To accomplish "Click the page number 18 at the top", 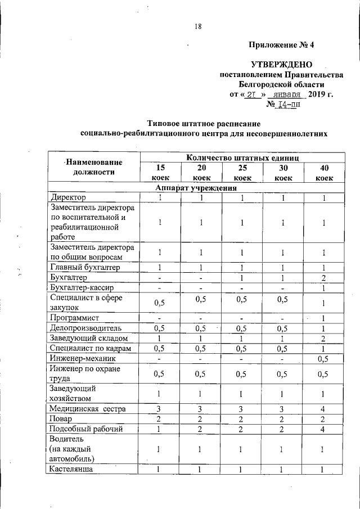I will [198, 26].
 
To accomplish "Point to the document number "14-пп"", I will [287, 104].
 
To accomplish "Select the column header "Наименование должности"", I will [93, 167].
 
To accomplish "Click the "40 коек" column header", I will [323, 172].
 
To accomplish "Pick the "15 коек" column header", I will [160, 172].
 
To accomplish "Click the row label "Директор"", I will [68, 198].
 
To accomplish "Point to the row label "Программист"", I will [74, 318].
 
